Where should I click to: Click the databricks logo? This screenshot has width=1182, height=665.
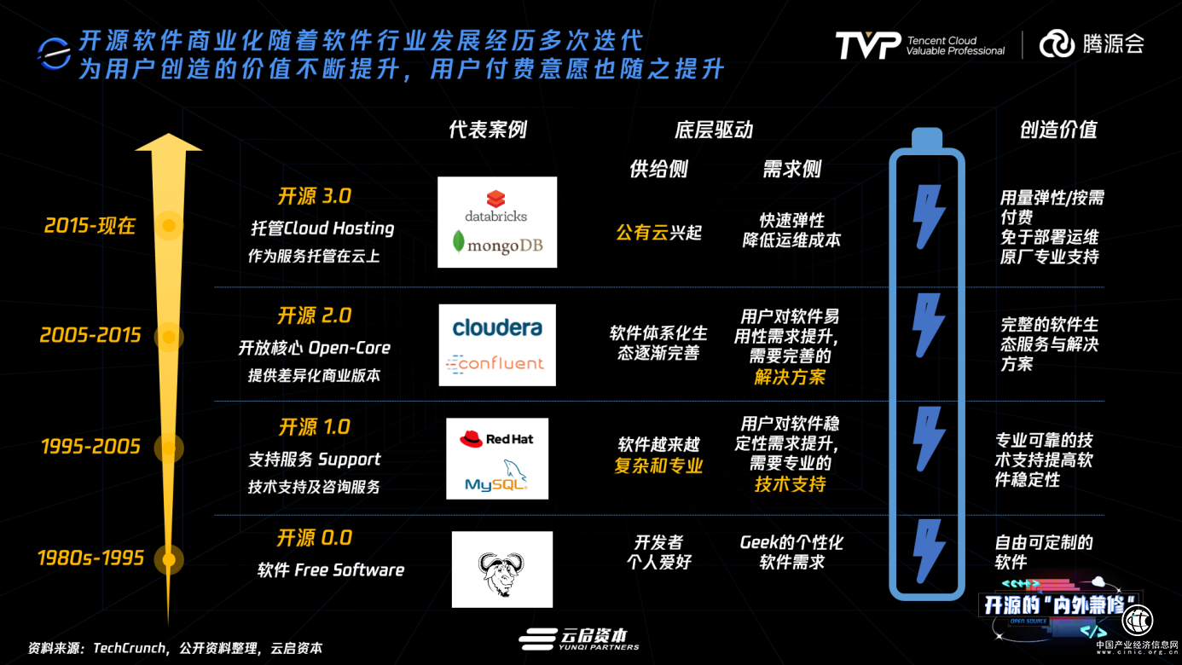pos(495,205)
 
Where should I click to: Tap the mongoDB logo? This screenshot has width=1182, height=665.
pos(497,244)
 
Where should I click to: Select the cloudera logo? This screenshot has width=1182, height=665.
pos(497,327)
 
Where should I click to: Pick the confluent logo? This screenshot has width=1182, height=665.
pos(495,364)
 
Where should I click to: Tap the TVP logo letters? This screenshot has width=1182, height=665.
pos(868,45)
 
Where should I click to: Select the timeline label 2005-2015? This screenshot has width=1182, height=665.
pos(90,335)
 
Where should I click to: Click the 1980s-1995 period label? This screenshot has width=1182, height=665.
pos(90,558)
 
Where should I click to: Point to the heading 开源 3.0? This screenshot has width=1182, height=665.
pos(315,196)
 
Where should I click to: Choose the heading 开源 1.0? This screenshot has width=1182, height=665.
pos(315,426)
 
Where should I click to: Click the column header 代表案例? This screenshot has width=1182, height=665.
pos(488,130)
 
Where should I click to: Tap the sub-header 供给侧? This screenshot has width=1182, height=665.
pos(658,169)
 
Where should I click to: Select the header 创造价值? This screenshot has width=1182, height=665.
pos(1058,130)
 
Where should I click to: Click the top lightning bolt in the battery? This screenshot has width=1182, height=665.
pos(928,217)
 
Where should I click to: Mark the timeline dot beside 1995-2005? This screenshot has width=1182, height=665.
pos(169,448)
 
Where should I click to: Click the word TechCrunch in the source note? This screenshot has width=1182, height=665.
pos(130,648)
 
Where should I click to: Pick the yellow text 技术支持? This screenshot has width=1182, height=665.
pos(790,484)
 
